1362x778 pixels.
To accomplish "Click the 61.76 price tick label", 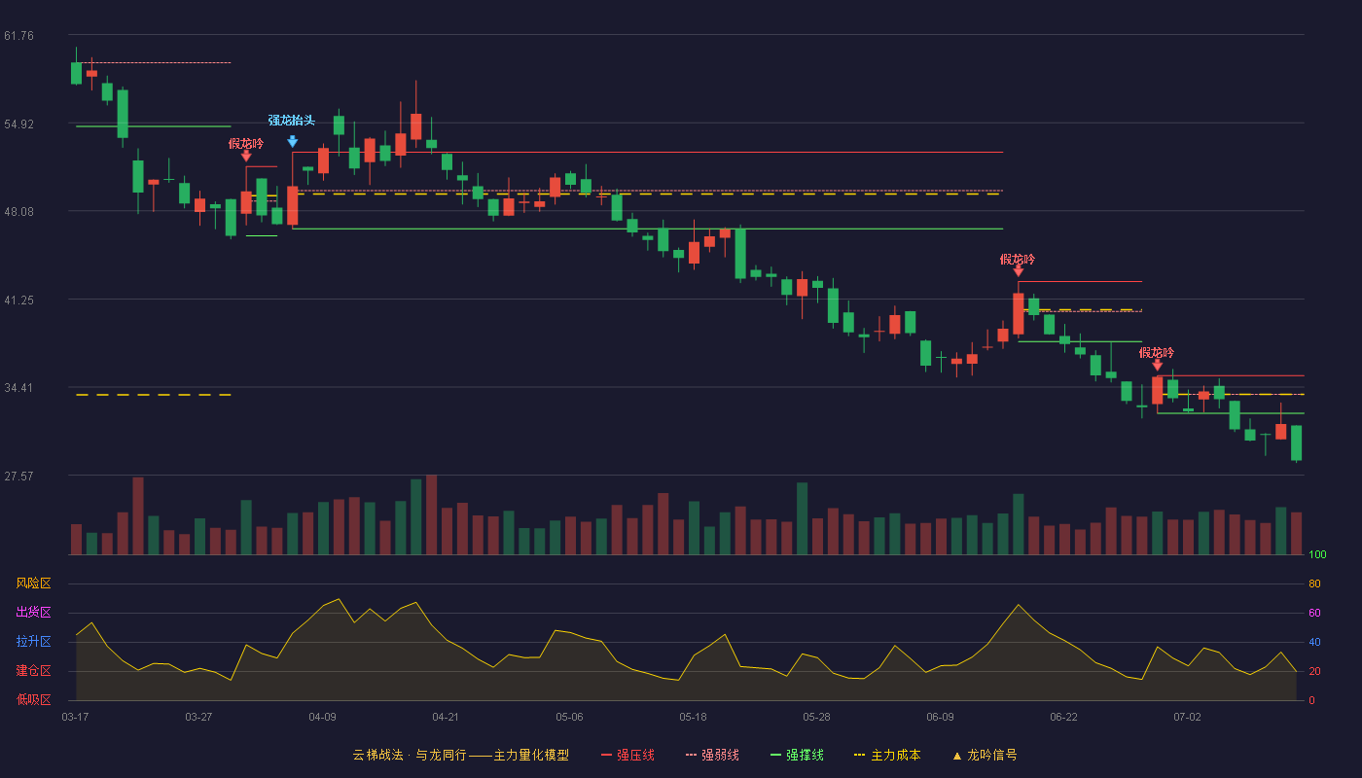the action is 18,36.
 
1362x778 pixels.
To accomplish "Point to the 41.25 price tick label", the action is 18,301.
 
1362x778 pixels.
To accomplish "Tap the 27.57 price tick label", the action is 18,477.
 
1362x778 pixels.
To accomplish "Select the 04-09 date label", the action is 322,718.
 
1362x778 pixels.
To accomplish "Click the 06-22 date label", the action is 1063,718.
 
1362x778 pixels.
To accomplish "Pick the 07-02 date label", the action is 1187,718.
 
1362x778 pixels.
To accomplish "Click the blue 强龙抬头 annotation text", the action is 292,121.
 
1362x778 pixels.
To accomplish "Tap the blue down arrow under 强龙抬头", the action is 293,142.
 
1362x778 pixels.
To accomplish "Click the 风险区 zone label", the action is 33,583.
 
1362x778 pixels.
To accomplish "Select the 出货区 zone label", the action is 33,612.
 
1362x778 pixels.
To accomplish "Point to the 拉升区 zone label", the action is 33,641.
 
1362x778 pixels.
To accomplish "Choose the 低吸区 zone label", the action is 33,699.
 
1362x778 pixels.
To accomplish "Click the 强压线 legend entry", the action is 627,755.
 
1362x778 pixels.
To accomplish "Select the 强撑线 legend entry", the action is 797,755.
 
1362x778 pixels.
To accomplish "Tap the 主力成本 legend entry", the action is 887,755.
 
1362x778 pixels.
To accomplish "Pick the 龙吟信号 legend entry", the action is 985,755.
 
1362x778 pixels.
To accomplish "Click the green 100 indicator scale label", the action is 1317,554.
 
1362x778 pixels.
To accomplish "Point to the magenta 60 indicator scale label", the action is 1314,613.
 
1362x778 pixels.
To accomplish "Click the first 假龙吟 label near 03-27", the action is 245,144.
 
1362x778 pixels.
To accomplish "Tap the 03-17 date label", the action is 76,718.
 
